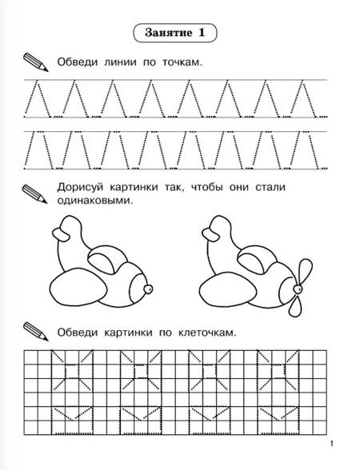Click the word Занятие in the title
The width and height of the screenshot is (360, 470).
tap(168, 32)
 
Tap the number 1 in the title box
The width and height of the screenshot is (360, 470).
tap(202, 32)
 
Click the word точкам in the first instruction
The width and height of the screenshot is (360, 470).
tap(182, 62)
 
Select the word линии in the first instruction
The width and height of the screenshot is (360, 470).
tap(120, 62)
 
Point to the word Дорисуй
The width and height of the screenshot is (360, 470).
tap(80, 188)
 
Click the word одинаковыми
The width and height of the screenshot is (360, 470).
tap(94, 201)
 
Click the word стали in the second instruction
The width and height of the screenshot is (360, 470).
tap(270, 187)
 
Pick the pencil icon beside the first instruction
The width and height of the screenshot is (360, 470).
tap(36, 62)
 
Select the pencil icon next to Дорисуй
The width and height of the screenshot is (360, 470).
tap(35, 194)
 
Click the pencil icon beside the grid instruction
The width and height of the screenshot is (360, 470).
tap(36, 331)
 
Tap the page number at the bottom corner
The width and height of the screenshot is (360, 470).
tap(331, 444)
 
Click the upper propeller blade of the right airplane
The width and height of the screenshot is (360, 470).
tap(305, 271)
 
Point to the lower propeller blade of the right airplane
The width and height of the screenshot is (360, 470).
tap(295, 305)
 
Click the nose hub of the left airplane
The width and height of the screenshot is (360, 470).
tap(148, 289)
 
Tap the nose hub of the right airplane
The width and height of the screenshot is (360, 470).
tap(298, 289)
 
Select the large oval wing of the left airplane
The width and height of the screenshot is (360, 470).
tap(78, 289)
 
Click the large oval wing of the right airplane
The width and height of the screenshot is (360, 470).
tap(228, 289)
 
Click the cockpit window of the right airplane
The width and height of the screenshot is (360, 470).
tap(251, 263)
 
